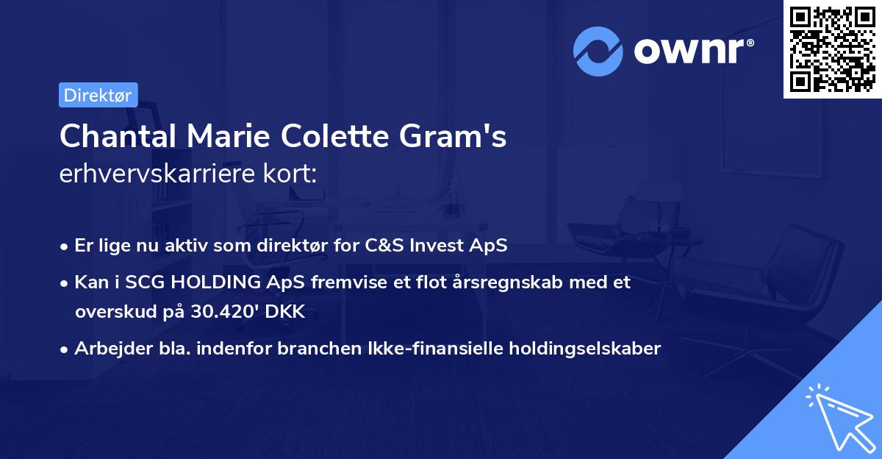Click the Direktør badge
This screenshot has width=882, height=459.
pyautogui.click(x=98, y=95)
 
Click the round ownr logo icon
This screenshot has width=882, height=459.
pyautogui.click(x=596, y=51)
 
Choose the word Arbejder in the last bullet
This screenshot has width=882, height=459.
pyautogui.click(x=106, y=349)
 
